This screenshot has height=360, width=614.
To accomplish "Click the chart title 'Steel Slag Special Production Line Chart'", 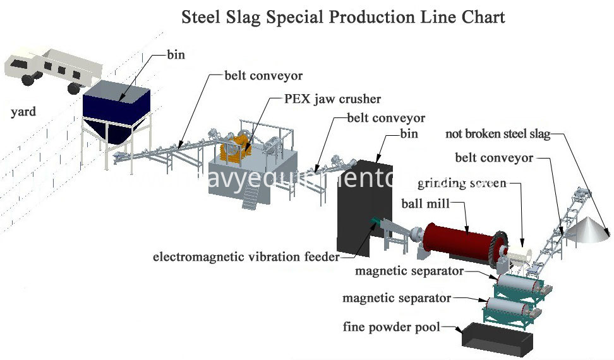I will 343,16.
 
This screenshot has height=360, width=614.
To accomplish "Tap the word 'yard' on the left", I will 23,112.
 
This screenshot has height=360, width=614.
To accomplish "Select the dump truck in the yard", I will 51,69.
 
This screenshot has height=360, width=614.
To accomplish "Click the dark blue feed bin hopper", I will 117,111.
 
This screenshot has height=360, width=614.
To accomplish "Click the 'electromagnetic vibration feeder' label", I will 246,257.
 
